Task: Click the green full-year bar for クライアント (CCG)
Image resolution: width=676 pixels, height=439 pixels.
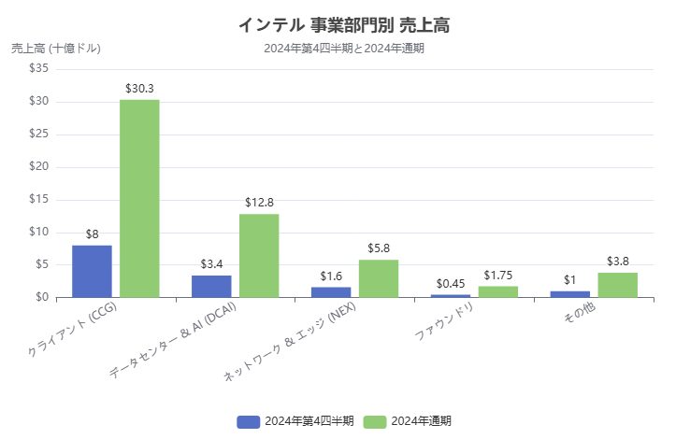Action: (139, 198)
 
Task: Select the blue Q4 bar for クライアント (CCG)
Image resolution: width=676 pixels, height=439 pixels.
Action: (92, 271)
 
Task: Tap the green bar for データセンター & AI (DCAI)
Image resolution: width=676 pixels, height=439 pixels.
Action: (259, 255)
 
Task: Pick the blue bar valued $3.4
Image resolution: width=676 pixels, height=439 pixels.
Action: (211, 286)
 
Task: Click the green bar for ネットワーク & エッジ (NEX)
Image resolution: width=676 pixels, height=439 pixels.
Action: (379, 278)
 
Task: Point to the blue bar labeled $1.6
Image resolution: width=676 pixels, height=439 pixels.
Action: (331, 291)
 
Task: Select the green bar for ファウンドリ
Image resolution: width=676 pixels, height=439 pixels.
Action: (498, 291)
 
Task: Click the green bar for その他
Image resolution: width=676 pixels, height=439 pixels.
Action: (618, 285)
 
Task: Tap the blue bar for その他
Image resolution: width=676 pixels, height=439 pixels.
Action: (570, 293)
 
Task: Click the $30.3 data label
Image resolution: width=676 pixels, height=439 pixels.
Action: (139, 89)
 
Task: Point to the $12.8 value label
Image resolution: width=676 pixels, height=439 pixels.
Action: (259, 203)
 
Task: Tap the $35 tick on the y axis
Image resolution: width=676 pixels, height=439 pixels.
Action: (39, 69)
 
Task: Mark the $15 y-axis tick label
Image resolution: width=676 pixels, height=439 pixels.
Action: (39, 199)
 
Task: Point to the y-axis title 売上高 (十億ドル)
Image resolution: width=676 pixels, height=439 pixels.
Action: (56, 48)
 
